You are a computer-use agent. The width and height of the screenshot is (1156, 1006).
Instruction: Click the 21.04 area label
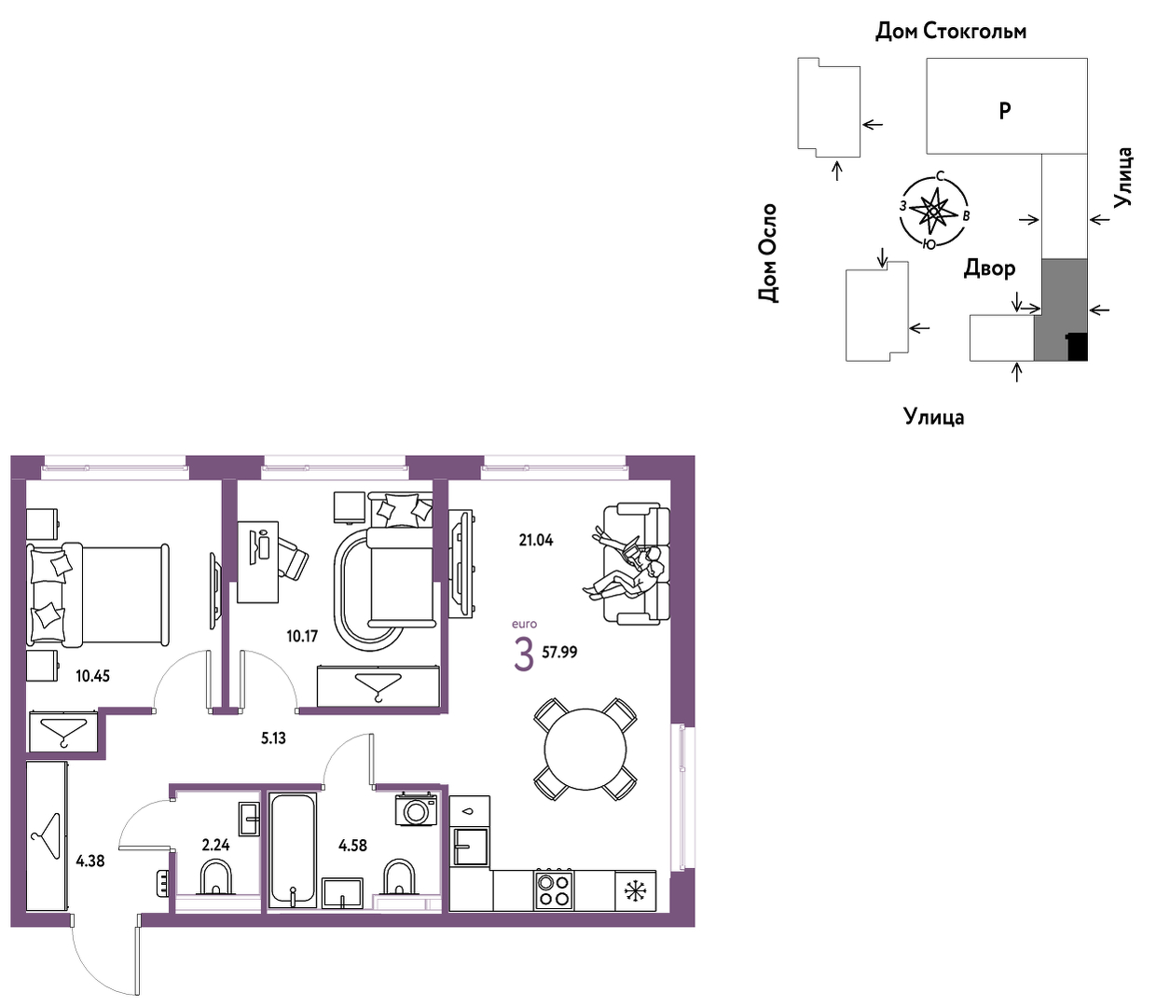pyautogui.click(x=536, y=540)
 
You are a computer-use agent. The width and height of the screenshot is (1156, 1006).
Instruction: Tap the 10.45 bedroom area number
pyautogui.click(x=92, y=676)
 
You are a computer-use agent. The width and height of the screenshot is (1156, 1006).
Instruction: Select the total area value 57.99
pyautogui.click(x=559, y=653)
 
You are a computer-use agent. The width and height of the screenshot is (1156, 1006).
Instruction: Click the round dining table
pyautogui.click(x=585, y=750)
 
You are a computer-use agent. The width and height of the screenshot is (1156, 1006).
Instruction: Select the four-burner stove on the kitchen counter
pyautogui.click(x=555, y=890)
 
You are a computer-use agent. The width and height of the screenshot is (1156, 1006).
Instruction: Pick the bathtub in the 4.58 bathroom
pyautogui.click(x=292, y=850)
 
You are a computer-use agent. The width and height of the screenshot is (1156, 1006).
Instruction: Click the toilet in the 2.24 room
pyautogui.click(x=215, y=877)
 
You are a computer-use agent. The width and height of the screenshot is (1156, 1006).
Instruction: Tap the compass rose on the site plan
pyautogui.click(x=933, y=212)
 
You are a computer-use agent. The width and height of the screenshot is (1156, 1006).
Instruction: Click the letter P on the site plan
pyautogui.click(x=1005, y=111)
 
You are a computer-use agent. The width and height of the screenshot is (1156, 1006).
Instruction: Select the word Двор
pyautogui.click(x=989, y=269)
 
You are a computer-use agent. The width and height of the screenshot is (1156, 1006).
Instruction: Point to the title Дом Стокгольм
pyautogui.click(x=951, y=31)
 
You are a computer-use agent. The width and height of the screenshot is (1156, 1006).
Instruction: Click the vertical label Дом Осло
pyautogui.click(x=767, y=253)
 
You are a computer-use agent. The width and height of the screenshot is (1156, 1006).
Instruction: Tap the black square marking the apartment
pyautogui.click(x=1077, y=347)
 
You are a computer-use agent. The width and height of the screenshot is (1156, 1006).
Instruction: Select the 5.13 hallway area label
pyautogui.click(x=273, y=737)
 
